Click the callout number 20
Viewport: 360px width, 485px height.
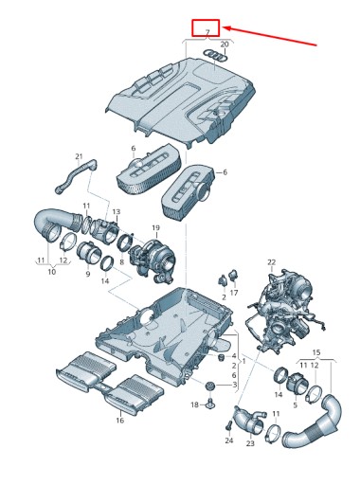point(225,45)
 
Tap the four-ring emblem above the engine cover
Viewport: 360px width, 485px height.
point(213,55)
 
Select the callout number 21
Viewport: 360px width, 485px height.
point(79,156)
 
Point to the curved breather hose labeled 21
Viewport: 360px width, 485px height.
point(76,175)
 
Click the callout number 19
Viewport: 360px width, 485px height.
point(155,227)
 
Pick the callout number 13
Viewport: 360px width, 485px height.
point(117,211)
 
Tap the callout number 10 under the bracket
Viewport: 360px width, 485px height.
point(52,271)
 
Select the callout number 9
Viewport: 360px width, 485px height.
point(88,274)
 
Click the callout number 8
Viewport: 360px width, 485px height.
point(121,261)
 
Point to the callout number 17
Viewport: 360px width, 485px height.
point(234,293)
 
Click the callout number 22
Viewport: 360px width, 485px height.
point(271,261)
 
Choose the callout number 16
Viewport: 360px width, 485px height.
point(120,421)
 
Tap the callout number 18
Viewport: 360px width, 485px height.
point(195,404)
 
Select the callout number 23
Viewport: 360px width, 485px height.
point(250,443)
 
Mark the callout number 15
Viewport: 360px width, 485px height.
point(316,352)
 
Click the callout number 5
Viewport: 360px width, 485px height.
point(295,404)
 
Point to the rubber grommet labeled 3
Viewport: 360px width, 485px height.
point(209,386)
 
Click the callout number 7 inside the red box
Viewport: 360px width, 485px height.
point(207,31)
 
